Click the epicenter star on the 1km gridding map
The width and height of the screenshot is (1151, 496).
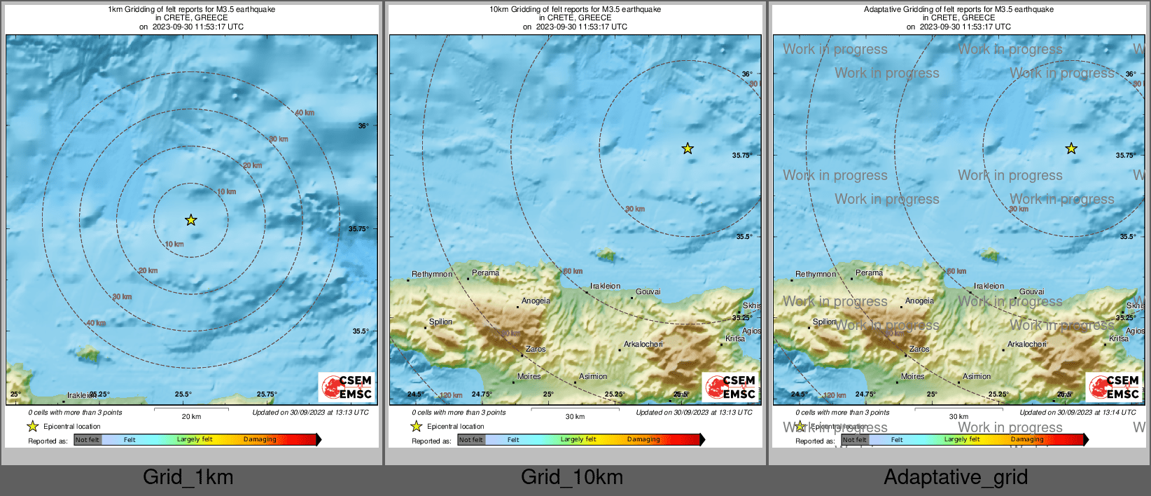point(191,220)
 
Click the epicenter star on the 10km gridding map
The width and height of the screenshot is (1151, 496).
point(688,149)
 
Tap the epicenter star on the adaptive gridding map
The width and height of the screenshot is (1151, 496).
point(1071,149)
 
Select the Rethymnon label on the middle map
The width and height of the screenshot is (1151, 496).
point(432,274)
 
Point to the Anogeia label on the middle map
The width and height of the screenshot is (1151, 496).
point(536,301)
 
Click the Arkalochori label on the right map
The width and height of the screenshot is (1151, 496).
point(1027,344)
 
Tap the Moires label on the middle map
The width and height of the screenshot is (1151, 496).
point(529,376)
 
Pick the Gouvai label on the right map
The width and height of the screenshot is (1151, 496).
point(1031,291)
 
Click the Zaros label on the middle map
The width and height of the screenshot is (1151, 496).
point(536,349)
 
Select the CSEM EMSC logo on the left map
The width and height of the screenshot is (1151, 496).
point(347,387)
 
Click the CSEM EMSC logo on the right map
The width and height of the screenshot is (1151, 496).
point(1114,387)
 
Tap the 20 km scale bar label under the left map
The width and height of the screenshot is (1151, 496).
point(191,417)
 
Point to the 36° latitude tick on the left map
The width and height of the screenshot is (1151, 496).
point(363,126)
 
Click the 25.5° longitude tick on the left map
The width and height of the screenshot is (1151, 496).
point(183,394)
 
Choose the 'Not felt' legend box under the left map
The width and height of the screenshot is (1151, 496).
point(88,440)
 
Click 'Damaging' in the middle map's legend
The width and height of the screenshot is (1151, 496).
point(643,439)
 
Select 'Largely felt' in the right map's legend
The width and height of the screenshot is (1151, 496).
point(961,439)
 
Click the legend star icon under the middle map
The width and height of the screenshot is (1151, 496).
point(417,426)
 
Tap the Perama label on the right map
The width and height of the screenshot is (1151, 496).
point(869,273)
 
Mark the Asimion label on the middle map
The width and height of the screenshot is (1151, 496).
point(593,376)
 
